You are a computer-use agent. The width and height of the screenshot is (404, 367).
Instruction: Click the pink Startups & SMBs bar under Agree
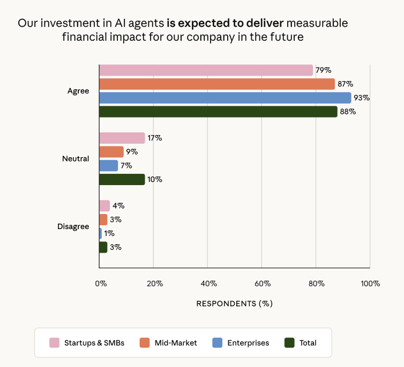pyautogui.click(x=206, y=70)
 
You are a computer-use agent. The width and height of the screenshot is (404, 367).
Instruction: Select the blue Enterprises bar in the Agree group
pyautogui.click(x=225, y=98)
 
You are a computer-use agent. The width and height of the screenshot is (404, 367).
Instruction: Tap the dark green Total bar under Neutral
pyautogui.click(x=122, y=179)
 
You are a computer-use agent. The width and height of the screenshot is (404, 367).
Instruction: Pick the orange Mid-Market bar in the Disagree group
pyautogui.click(x=103, y=219)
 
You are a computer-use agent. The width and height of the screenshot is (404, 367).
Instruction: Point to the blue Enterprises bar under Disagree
pyautogui.click(x=101, y=233)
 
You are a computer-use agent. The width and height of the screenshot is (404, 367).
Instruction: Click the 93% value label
pyautogui.click(x=362, y=98)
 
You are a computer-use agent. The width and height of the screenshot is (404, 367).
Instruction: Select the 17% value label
pyautogui.click(x=155, y=138)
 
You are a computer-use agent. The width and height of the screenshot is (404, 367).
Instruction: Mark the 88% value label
pyautogui.click(x=348, y=112)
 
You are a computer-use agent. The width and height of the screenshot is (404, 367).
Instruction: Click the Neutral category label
pyautogui.click(x=76, y=159)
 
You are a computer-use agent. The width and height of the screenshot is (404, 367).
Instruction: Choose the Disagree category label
pyautogui.click(x=73, y=226)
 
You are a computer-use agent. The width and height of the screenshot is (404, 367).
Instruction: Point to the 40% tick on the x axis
pyautogui.click(x=208, y=284)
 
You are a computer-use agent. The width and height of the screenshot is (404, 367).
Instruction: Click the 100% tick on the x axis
pyautogui.click(x=370, y=284)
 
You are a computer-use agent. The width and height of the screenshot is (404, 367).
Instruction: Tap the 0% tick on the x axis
pyautogui.click(x=101, y=284)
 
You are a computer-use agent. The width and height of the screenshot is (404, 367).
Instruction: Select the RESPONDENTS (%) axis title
pyautogui.click(x=234, y=304)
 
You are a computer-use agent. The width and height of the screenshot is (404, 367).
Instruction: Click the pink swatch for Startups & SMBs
pyautogui.click(x=54, y=343)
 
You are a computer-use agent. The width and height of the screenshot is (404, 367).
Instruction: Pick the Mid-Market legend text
pyautogui.click(x=176, y=343)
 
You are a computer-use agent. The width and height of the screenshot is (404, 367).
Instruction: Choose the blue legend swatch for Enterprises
pyautogui.click(x=217, y=343)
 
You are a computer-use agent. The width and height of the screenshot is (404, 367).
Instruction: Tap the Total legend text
pyautogui.click(x=308, y=343)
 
